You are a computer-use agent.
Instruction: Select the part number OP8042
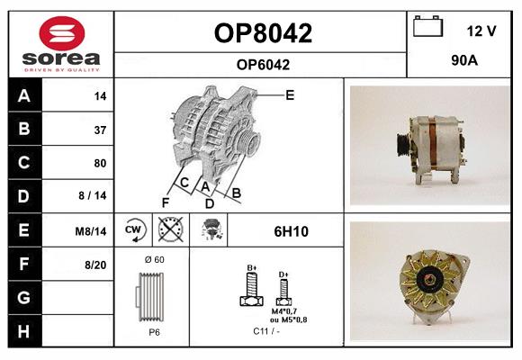click(x=262, y=34)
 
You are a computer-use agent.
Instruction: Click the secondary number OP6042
click(x=262, y=64)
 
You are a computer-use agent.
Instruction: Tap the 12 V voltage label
click(x=481, y=31)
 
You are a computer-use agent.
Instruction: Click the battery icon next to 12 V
click(x=428, y=27)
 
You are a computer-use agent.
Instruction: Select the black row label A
click(x=23, y=94)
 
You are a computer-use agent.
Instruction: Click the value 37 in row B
click(x=99, y=129)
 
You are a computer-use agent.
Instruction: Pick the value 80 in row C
click(x=99, y=163)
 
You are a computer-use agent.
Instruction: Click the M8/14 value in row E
click(x=91, y=231)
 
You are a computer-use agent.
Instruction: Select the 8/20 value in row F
click(x=94, y=265)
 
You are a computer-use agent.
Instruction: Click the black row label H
click(x=23, y=331)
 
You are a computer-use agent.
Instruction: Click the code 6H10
click(x=291, y=231)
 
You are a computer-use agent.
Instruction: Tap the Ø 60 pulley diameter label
click(x=154, y=261)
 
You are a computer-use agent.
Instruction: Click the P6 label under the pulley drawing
click(x=155, y=331)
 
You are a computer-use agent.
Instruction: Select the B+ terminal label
click(x=252, y=268)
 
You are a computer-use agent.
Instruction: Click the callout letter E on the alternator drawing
click(x=290, y=94)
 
